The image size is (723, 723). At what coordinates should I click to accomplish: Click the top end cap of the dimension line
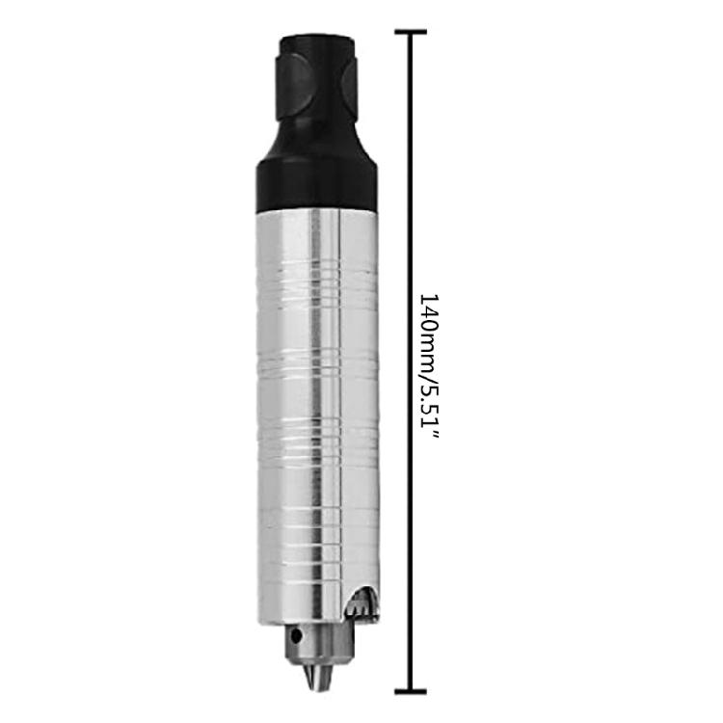411,32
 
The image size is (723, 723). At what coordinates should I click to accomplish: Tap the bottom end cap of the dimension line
411,690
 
